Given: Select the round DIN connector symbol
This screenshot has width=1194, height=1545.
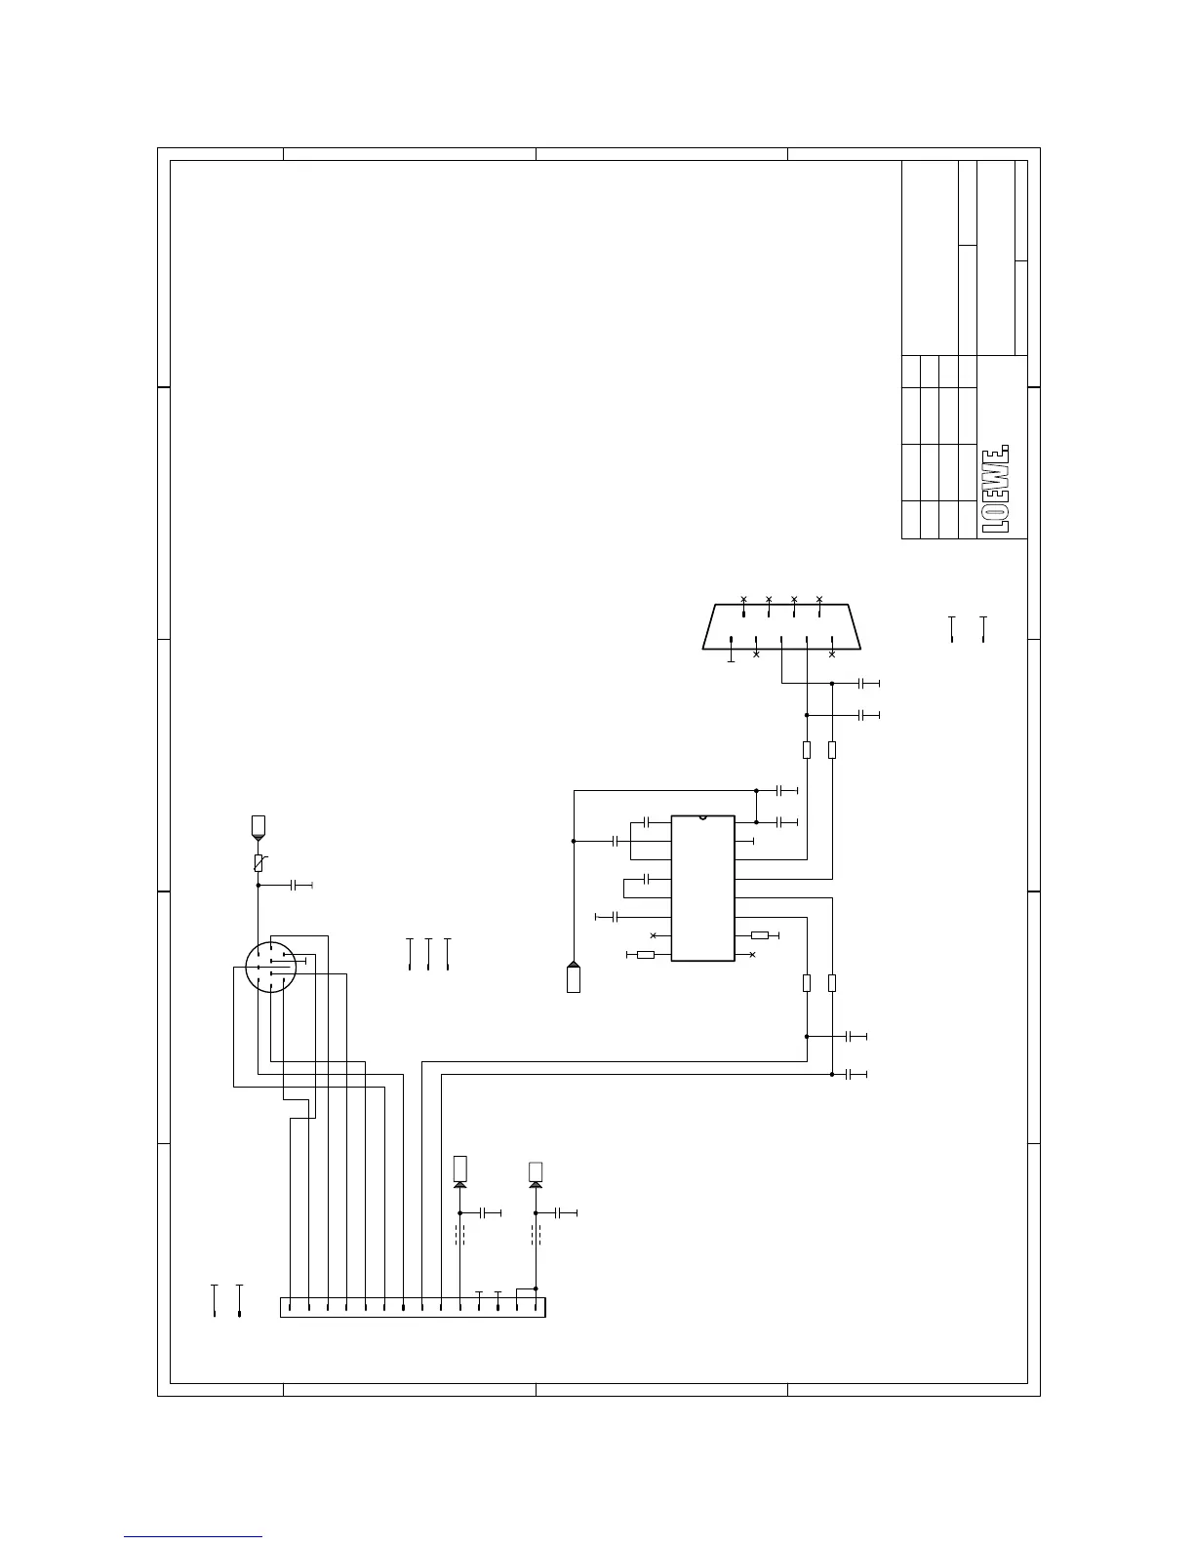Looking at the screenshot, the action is (270, 967).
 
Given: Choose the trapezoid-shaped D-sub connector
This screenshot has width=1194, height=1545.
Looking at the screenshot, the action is (781, 626).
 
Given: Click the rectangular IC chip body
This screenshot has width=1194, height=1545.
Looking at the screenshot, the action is (702, 888).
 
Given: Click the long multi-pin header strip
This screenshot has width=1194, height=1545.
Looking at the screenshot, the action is (413, 1307).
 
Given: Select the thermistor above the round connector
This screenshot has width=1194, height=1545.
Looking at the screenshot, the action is (259, 862).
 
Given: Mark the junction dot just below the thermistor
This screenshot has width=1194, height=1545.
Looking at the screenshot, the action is (259, 885).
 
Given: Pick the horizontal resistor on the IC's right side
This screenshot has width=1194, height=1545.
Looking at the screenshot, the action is (760, 935).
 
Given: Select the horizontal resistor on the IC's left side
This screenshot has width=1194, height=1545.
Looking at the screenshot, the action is (645, 955).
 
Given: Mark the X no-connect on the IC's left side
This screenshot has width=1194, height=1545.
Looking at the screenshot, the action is (653, 935).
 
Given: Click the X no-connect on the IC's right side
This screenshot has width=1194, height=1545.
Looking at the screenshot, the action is (752, 954).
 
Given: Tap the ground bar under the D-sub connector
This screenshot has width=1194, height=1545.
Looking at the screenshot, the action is (731, 662).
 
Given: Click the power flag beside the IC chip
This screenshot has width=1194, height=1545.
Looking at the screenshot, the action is (574, 977).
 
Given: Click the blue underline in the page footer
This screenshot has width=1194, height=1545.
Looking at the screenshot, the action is (193, 1536).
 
